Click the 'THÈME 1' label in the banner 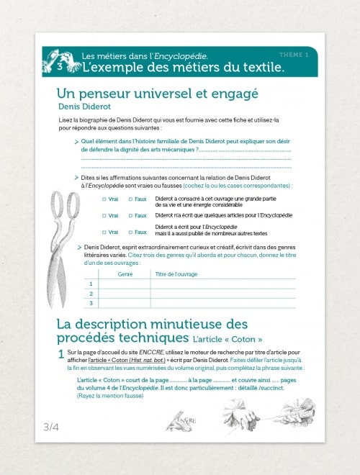(x=294, y=55)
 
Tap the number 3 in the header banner (x=60, y=67)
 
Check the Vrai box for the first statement (x=104, y=199)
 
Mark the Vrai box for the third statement (x=104, y=232)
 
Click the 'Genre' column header (x=125, y=274)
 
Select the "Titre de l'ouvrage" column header (x=176, y=274)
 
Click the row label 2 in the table (x=91, y=294)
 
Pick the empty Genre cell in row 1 (x=125, y=284)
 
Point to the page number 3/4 (x=51, y=427)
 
